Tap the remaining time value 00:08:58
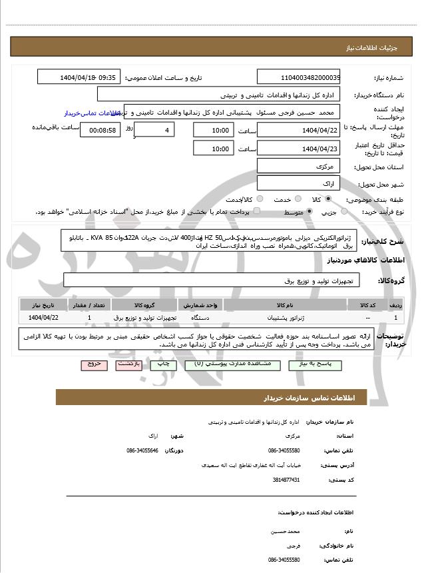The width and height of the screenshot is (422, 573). (x=101, y=130)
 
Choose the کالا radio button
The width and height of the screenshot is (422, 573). (x=328, y=199)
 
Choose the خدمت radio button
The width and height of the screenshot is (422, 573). (x=297, y=199)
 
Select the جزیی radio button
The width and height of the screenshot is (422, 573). (x=344, y=212)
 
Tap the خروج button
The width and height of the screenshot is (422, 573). (x=94, y=365)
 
